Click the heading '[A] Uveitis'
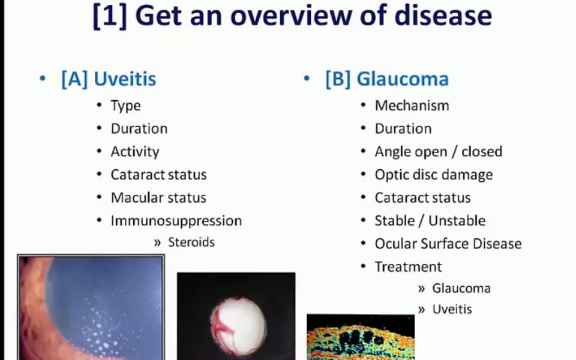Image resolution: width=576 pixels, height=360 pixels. (x=109, y=79)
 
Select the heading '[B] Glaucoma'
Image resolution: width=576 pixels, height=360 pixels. (x=387, y=79)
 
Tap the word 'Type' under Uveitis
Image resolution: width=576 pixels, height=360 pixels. (x=125, y=106)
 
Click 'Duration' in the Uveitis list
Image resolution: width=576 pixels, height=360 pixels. (x=139, y=128)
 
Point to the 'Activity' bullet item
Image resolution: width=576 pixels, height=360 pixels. (x=135, y=152)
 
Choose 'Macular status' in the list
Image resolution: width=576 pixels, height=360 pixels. (x=158, y=197)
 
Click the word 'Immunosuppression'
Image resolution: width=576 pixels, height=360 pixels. (x=176, y=221)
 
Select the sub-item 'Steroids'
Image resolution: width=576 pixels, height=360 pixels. (x=191, y=242)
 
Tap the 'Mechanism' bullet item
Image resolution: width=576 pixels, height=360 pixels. (x=412, y=106)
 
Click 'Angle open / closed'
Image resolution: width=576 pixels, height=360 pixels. (x=439, y=152)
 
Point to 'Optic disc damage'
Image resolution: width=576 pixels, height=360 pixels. (x=434, y=175)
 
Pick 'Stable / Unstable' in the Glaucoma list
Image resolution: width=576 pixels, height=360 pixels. (x=430, y=221)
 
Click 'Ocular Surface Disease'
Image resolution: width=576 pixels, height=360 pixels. (x=448, y=244)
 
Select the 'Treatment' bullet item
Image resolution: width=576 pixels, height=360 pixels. (x=408, y=266)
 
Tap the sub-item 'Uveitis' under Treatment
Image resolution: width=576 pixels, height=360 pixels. (x=452, y=310)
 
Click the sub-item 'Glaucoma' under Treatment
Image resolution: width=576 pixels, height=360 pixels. (x=461, y=289)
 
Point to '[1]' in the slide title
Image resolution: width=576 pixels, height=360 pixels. (x=110, y=16)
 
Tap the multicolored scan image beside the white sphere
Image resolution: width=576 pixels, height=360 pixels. (x=361, y=337)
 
